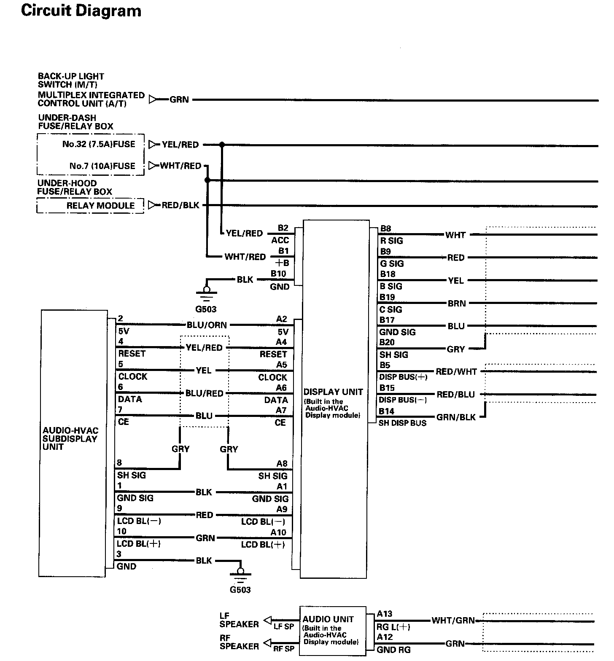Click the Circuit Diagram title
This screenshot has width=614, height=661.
(81, 11)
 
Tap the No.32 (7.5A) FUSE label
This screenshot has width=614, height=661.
(99, 144)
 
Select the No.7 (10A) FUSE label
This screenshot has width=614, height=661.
(102, 166)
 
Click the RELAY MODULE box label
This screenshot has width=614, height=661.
(100, 206)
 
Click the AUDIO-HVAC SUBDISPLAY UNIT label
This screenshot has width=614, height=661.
(70, 438)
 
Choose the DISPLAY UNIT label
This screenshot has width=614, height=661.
(333, 392)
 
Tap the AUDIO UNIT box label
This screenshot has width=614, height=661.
(328, 619)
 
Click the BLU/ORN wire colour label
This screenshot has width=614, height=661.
(207, 325)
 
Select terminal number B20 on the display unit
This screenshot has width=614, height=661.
(387, 342)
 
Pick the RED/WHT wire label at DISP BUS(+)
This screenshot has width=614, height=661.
(456, 371)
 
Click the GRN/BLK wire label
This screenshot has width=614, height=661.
(456, 417)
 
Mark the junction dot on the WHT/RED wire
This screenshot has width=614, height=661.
(207, 180)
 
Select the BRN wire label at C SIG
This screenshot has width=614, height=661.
(456, 304)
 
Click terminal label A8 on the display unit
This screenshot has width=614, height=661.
(282, 464)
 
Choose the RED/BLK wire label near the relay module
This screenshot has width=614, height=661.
(180, 206)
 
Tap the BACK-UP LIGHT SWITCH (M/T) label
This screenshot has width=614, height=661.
(71, 80)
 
